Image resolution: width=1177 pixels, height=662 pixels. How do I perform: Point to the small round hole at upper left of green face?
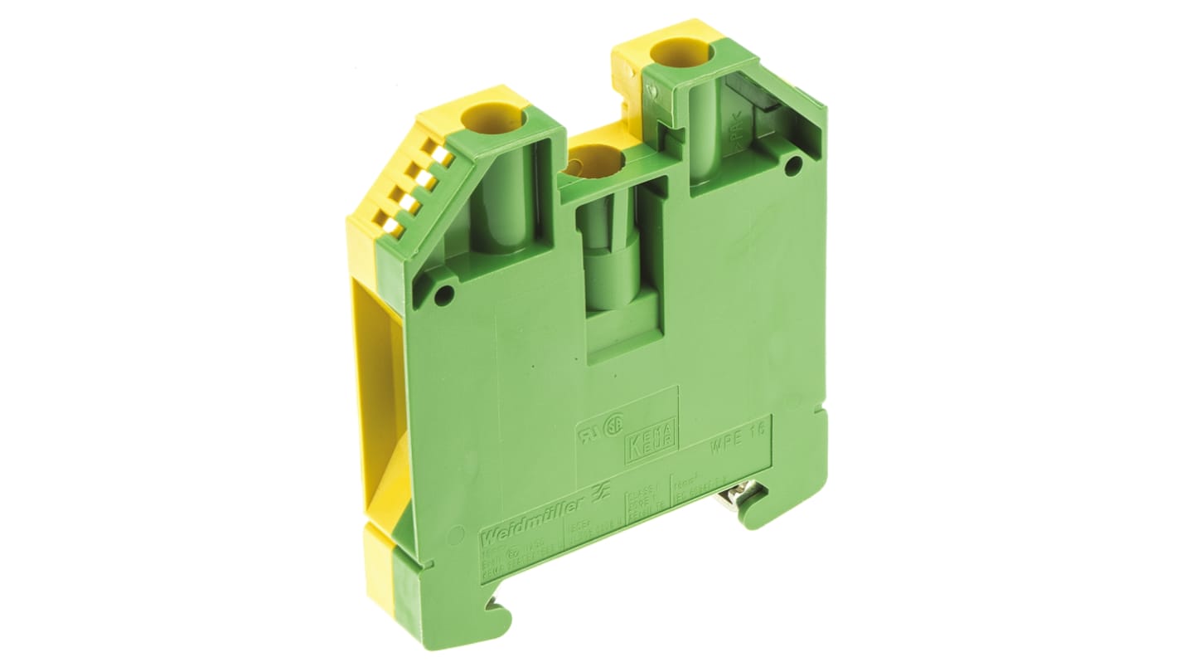[x=445, y=291]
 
